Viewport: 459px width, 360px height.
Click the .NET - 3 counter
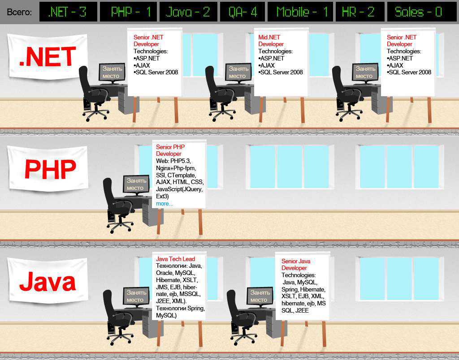pyautogui.click(x=67, y=12)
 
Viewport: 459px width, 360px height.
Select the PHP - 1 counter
pyautogui.click(x=128, y=12)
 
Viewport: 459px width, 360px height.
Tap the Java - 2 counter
pyautogui.click(x=188, y=12)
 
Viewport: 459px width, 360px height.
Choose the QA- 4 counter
pyautogui.click(x=242, y=12)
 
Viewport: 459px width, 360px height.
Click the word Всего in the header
pyautogui.click(x=19, y=12)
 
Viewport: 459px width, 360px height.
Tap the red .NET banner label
pyautogui.click(x=47, y=57)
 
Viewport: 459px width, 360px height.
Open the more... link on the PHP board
pyautogui.click(x=164, y=204)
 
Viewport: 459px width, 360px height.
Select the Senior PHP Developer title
pyautogui.click(x=170, y=150)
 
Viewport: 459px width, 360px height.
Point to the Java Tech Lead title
pyautogui.click(x=175, y=259)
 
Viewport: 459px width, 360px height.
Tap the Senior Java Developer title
pyautogui.click(x=296, y=265)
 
